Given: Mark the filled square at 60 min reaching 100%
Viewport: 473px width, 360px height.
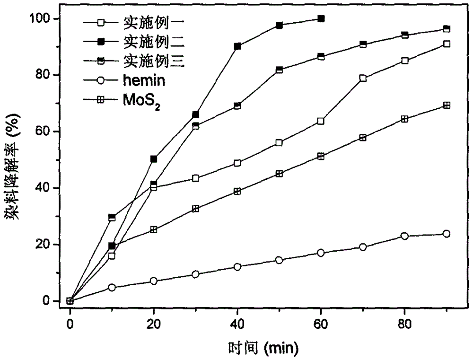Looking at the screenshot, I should pos(321,18).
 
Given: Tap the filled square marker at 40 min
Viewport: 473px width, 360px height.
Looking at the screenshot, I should pos(237,46).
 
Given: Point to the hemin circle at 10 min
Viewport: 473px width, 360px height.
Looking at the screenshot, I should pos(112,287).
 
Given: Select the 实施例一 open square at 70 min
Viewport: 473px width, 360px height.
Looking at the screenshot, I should pos(363,78).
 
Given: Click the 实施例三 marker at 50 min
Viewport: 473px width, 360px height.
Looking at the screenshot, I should pos(279,70).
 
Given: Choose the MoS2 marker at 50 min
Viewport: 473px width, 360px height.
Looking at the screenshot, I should pos(279,174).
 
